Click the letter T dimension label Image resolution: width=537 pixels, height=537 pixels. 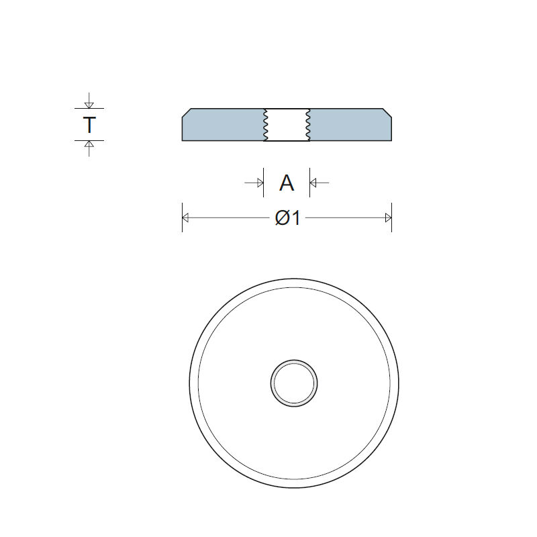(89, 125)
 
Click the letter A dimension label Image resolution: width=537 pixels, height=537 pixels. (287, 183)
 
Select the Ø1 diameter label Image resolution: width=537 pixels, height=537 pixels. (287, 218)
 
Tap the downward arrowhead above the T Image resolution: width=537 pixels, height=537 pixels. (89, 104)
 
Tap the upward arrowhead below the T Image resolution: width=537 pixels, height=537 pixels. (89, 144)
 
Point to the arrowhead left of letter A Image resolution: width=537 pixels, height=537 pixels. (259, 183)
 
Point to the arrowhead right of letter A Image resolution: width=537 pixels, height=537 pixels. (314, 183)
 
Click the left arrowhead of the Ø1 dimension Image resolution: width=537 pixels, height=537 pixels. (186, 217)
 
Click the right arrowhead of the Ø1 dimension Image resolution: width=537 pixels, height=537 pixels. (388, 217)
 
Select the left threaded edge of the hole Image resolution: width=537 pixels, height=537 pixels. (264, 125)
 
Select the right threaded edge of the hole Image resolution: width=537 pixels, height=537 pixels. (309, 125)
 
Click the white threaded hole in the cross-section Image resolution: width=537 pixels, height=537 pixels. (287, 125)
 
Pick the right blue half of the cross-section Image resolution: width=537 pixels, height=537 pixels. (350, 126)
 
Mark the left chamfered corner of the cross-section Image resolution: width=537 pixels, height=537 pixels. (187, 111)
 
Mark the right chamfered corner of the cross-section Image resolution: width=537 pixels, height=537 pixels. (387, 111)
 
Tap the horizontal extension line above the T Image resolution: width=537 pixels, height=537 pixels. (89, 108)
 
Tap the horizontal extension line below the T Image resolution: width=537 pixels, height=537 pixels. (89, 140)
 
